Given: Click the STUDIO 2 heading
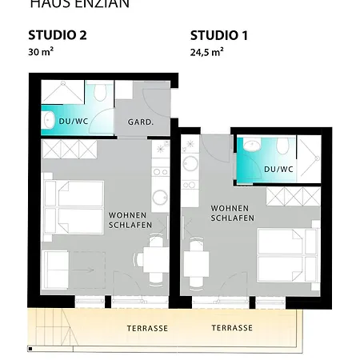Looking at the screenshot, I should (57, 35).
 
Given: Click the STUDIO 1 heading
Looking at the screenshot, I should (218, 35).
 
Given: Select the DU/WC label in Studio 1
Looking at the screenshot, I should (278, 169).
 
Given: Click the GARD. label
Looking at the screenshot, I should (141, 122).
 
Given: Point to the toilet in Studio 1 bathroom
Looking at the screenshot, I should (281, 146).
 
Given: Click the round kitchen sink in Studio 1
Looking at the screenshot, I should (190, 162).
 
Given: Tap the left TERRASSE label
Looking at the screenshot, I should (146, 328).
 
